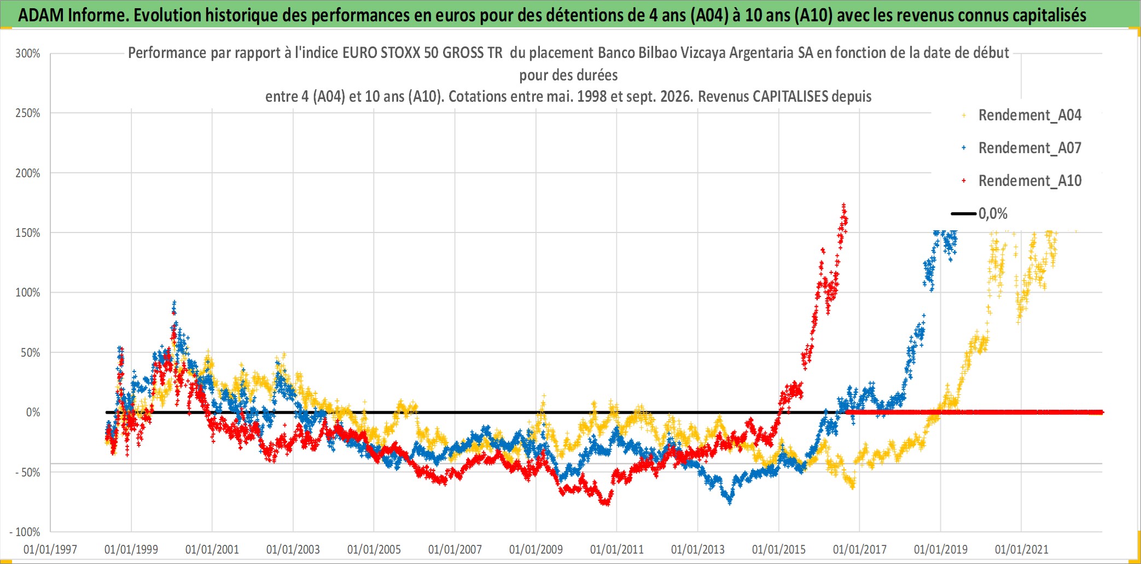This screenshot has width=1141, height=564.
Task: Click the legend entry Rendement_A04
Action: click(1030, 115)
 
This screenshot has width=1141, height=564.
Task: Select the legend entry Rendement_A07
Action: click(1030, 148)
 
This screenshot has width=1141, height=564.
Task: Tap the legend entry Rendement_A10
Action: click(1030, 181)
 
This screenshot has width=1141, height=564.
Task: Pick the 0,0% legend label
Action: click(993, 213)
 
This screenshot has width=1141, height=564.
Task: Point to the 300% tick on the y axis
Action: click(28, 54)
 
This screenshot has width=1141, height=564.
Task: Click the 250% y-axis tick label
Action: click(28, 113)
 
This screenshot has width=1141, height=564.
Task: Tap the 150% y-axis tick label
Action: click(28, 233)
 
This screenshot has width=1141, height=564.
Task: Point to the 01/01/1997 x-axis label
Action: click(50, 549)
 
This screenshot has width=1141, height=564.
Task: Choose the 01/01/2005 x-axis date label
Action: click(374, 549)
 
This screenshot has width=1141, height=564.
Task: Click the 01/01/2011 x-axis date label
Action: click(617, 549)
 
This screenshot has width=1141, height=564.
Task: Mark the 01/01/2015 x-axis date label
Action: click(779, 549)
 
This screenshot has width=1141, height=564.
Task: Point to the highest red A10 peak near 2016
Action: click(843, 205)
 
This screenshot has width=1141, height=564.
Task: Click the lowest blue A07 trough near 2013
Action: click(729, 502)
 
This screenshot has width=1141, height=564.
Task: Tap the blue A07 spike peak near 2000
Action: click(174, 302)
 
